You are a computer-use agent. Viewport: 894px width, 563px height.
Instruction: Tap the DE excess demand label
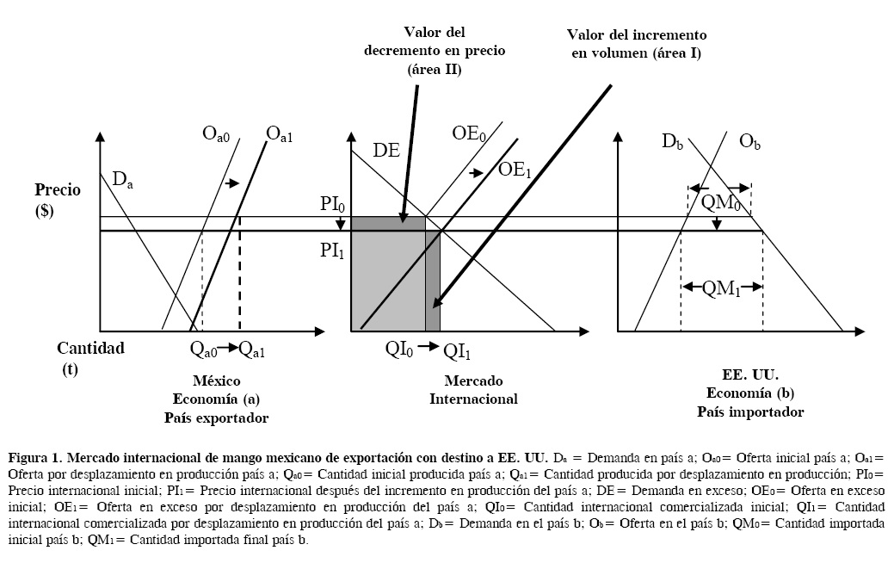[x=385, y=150]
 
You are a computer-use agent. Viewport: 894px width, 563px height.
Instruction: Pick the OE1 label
[x=515, y=170]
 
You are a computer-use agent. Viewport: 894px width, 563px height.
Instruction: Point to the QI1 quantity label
[x=458, y=350]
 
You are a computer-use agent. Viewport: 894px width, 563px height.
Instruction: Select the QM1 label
[x=721, y=289]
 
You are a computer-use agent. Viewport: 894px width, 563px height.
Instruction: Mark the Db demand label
[x=674, y=140]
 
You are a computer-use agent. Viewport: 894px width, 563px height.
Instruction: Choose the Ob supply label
[x=749, y=140]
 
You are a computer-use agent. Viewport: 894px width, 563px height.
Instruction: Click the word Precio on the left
[x=57, y=189]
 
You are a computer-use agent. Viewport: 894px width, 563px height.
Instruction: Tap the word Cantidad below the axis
[x=90, y=349]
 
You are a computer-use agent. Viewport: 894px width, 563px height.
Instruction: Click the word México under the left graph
[x=216, y=380]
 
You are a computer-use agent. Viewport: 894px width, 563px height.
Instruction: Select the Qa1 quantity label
[x=253, y=349]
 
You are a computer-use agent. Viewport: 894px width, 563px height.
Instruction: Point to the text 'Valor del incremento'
[x=636, y=35]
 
